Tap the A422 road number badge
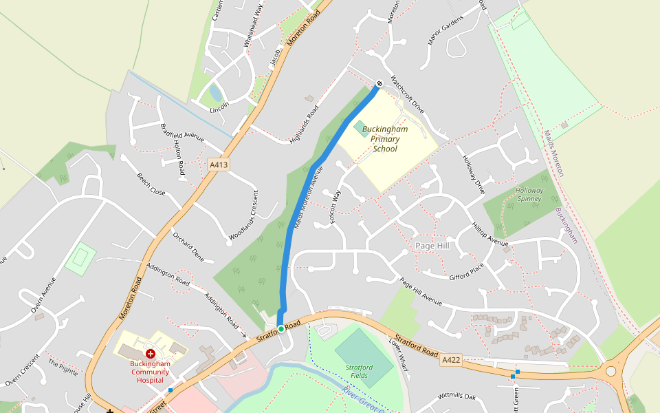tap(451, 360)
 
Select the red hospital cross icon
tap(150, 353)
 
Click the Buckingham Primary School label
tap(384, 139)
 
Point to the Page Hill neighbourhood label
tap(432, 246)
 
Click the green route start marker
tap(280, 329)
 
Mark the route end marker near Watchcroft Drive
tap(379, 83)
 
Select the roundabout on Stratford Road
tap(610, 372)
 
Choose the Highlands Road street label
tap(305, 125)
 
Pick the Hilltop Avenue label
tap(489, 234)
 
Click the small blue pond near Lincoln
tap(216, 92)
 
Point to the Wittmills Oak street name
tap(456, 397)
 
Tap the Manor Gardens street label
tap(445, 30)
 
